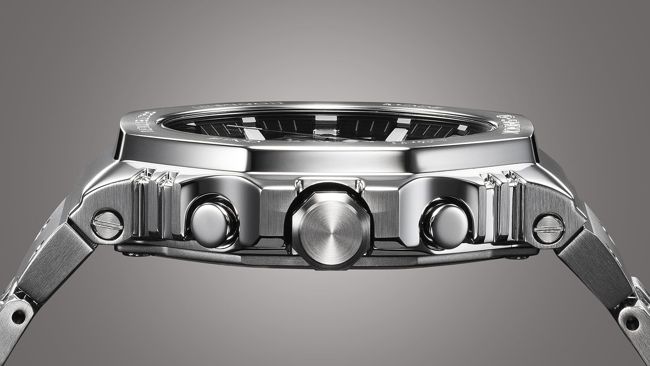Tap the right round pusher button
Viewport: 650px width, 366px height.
[x=446, y=224]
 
